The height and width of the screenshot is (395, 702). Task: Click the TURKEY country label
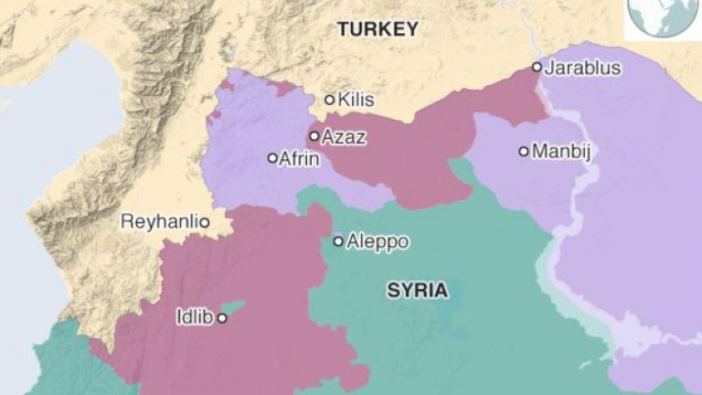(378, 29)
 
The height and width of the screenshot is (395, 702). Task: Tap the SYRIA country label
(418, 291)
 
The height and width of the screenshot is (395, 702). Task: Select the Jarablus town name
(583, 68)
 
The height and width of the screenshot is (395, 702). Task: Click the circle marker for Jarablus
(537, 67)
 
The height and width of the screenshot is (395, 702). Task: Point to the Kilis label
(356, 100)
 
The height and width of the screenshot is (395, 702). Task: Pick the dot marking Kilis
(330, 100)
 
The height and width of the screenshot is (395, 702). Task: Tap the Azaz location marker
(314, 136)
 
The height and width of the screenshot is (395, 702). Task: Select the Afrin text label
(299, 158)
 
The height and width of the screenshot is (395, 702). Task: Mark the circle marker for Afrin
(272, 158)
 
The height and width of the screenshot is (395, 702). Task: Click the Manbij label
(561, 151)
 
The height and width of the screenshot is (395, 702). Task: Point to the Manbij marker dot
(524, 151)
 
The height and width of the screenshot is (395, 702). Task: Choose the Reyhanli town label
(159, 222)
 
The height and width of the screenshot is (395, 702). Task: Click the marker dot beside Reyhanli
(205, 222)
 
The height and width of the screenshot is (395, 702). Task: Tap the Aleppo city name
(378, 241)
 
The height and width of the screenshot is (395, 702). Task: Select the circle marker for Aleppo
(338, 241)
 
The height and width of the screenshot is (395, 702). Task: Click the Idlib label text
(194, 318)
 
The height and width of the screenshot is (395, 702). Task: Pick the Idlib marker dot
(221, 318)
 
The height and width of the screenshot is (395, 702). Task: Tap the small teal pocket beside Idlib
(235, 308)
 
